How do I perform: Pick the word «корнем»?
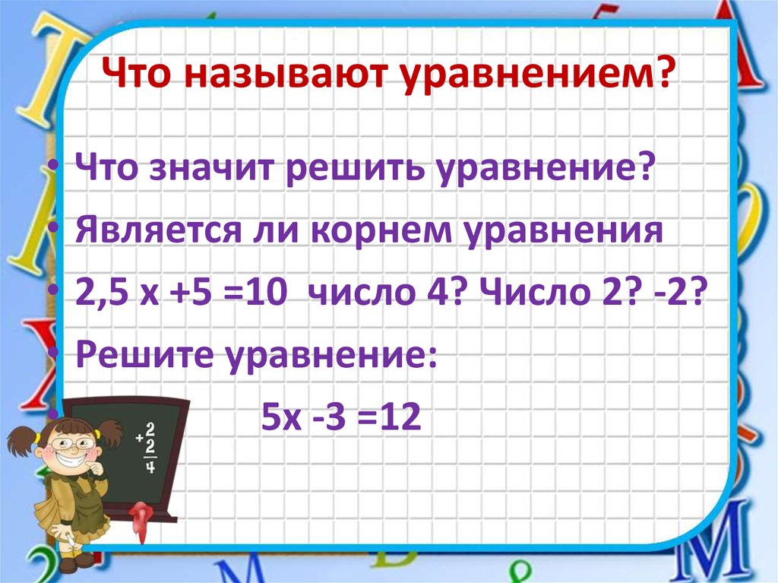click(362, 230)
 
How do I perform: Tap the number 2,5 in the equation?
click(101, 292)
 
